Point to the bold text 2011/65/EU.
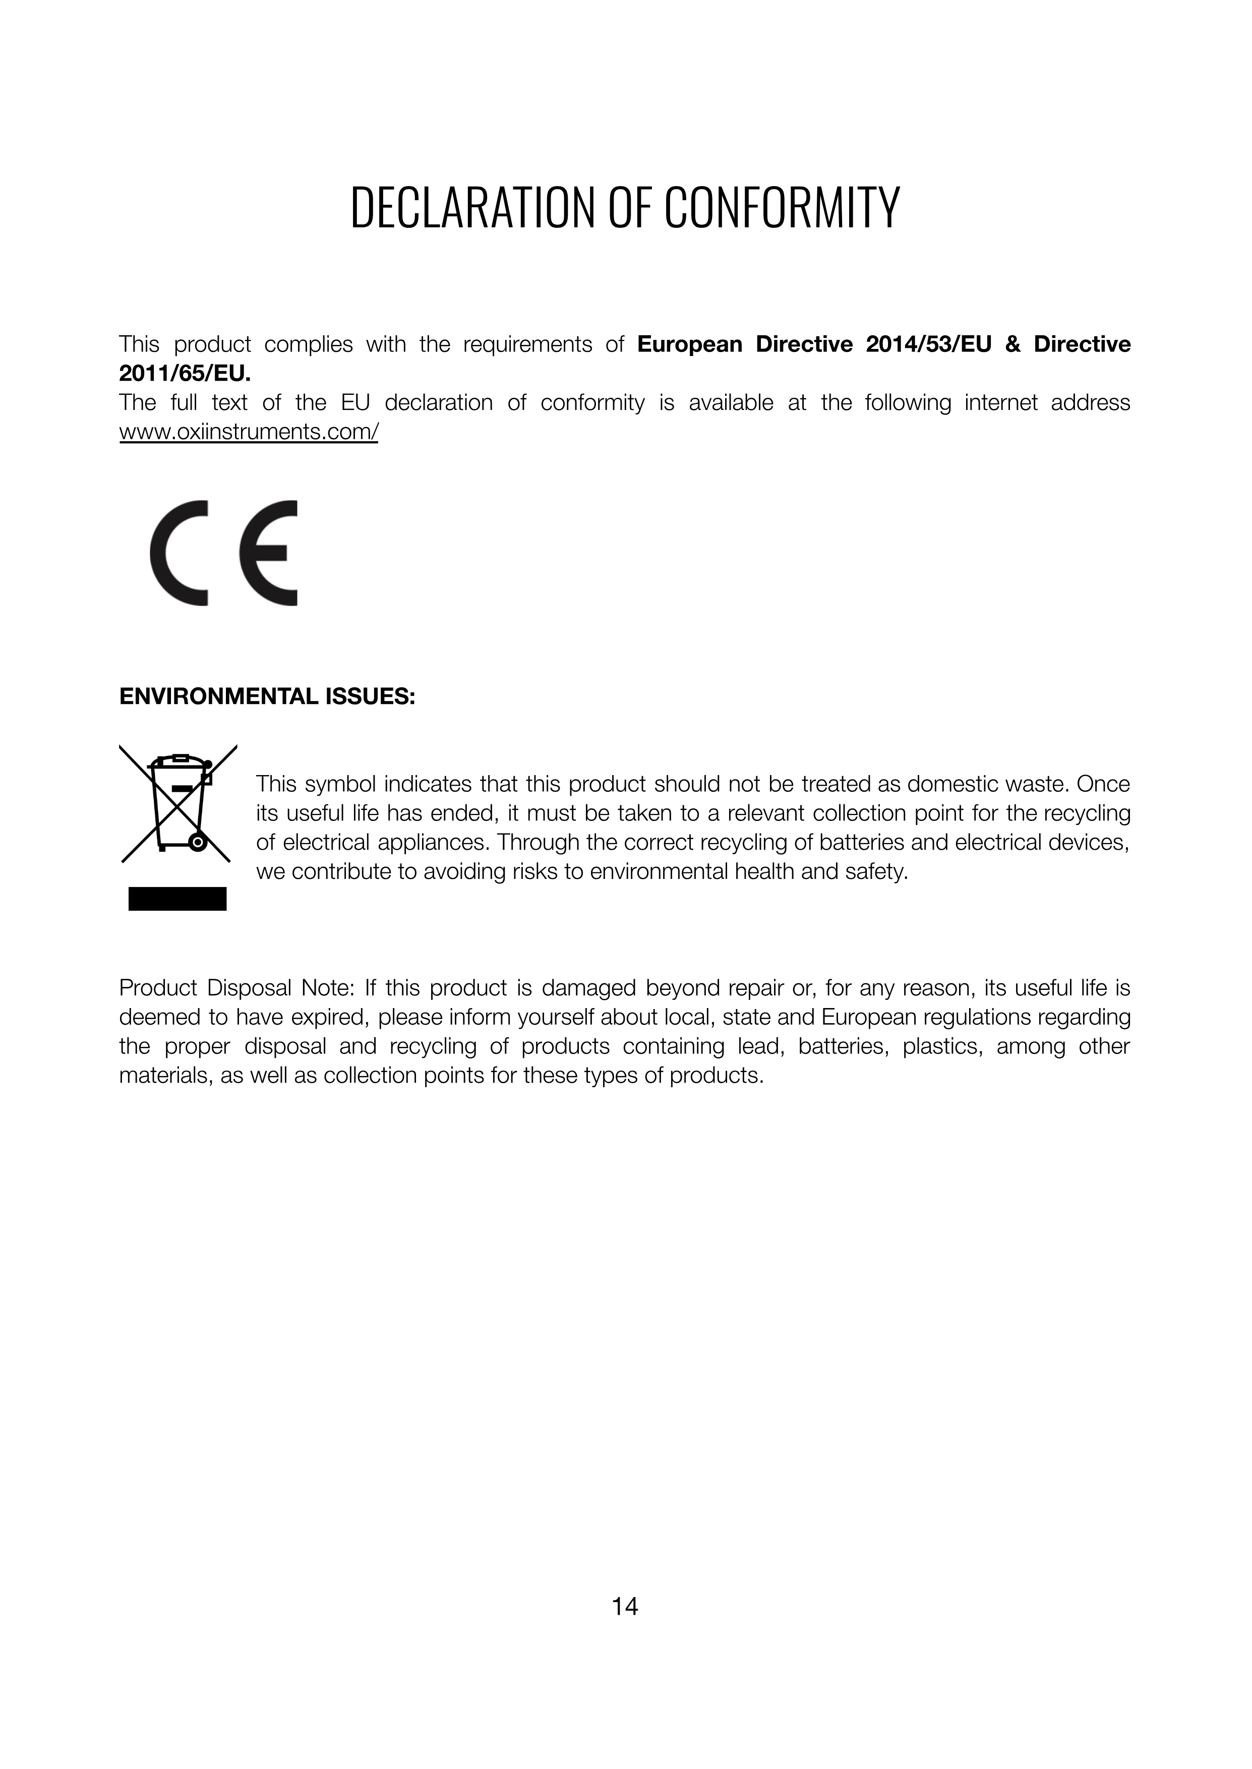tap(185, 374)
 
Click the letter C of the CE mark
tap(180, 553)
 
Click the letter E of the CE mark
tap(268, 553)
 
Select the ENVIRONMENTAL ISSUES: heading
tap(267, 697)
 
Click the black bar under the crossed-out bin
tap(177, 899)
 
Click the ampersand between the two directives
tap(1012, 344)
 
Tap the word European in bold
tap(689, 344)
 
